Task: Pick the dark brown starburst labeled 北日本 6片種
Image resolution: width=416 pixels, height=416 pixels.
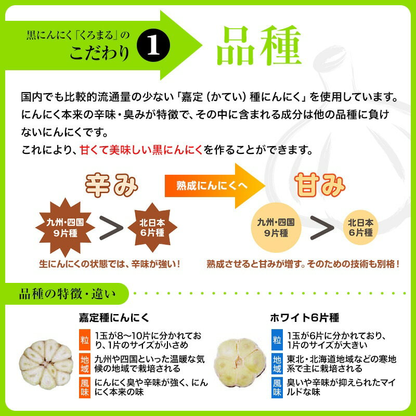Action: (x=152, y=227)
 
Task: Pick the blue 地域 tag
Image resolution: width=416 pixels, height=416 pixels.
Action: (x=277, y=363)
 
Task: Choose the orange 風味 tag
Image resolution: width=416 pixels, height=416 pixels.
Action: (x=85, y=387)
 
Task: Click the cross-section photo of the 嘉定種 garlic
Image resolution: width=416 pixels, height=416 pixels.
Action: (x=46, y=362)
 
